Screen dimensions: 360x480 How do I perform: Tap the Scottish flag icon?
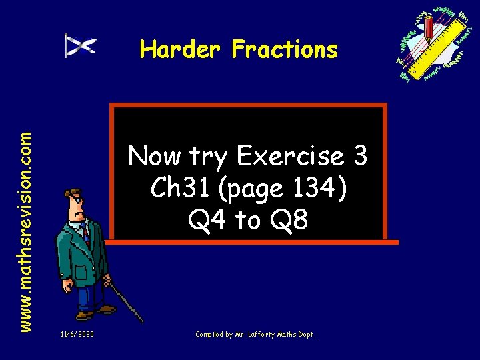81,45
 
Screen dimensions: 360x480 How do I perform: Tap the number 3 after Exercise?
360,157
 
